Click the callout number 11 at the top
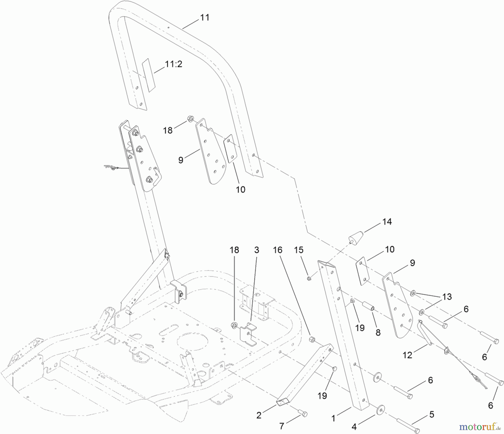point(205,17)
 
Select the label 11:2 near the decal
point(174,64)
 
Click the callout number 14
point(387,222)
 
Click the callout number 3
point(256,250)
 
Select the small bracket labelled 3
point(248,334)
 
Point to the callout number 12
point(407,355)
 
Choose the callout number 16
point(277,250)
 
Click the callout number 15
point(299,250)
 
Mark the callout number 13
point(447,297)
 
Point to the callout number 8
point(378,333)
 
